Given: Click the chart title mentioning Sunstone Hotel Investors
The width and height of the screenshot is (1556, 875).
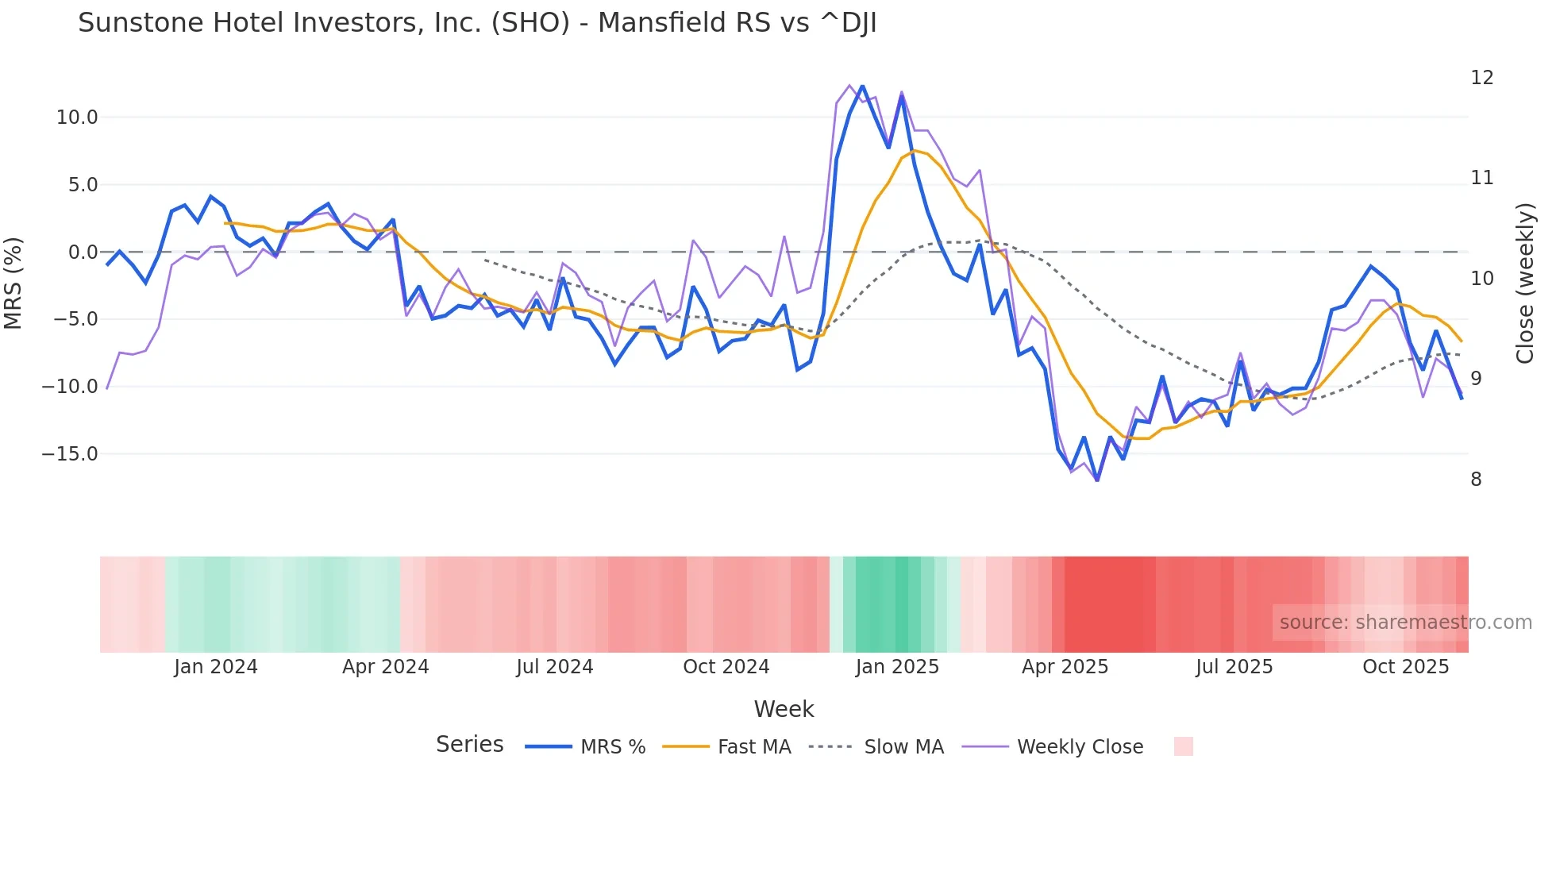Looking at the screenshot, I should point(477,23).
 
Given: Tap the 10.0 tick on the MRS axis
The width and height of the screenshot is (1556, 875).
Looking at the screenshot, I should point(76,118).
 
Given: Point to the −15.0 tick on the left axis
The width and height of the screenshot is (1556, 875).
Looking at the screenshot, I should point(70,454).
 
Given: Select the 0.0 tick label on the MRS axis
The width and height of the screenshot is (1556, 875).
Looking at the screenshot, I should point(83,252).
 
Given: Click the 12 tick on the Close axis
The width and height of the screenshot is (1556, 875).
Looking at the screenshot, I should point(1481,78).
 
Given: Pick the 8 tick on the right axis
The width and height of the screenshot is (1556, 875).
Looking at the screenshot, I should point(1476,480).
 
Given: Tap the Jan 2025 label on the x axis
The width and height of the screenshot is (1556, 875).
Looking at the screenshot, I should point(897,667).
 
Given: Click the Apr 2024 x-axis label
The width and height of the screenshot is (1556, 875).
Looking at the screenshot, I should point(385,667).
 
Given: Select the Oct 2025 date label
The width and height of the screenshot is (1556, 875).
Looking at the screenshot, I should point(1405,667).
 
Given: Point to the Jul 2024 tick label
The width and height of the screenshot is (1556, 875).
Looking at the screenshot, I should point(554,667).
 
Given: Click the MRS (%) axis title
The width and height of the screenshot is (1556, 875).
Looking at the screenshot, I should point(13,283).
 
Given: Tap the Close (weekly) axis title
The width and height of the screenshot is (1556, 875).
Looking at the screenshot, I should point(1525,283).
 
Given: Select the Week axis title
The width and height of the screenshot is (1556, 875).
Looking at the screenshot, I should point(784,709).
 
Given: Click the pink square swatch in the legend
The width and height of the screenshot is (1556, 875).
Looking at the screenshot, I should point(1183,746).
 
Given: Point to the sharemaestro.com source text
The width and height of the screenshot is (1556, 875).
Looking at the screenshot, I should point(1405,623).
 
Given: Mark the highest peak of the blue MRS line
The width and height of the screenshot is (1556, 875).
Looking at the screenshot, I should point(862,87).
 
